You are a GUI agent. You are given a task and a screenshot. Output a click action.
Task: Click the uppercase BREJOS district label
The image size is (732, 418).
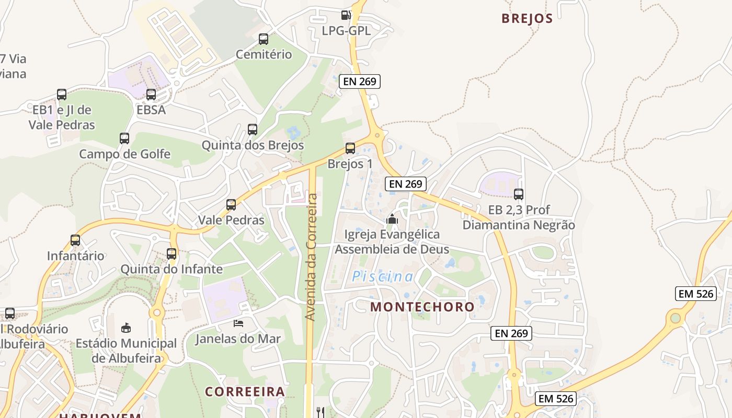(527, 18)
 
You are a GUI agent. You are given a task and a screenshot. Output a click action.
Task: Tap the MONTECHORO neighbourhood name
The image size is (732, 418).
(422, 307)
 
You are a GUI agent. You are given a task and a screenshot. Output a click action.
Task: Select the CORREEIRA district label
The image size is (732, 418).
(245, 391)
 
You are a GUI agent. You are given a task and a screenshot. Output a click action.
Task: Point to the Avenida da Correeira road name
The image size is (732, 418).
(311, 257)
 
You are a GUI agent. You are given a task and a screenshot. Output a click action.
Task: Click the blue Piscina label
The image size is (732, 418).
(382, 276)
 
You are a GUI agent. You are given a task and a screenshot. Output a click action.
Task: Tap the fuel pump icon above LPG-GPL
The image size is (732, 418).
(346, 15)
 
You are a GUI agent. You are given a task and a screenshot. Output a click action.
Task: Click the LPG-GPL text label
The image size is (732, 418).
(346, 31)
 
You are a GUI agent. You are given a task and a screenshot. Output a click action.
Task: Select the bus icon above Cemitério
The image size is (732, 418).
(264, 39)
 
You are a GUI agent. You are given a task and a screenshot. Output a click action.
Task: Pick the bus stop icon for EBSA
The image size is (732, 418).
(151, 95)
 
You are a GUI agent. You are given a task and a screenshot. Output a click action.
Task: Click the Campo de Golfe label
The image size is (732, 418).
(124, 154)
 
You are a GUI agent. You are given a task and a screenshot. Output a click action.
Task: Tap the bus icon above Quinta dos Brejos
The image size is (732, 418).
(253, 130)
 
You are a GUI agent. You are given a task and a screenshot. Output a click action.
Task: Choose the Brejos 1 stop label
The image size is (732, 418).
(350, 164)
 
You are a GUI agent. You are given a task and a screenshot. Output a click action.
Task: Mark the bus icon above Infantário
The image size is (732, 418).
(75, 240)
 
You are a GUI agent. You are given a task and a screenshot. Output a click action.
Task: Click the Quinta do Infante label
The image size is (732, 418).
(171, 269)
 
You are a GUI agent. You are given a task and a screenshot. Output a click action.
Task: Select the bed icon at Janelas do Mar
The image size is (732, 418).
(238, 323)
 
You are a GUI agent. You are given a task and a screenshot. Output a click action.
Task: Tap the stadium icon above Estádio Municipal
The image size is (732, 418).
(126, 328)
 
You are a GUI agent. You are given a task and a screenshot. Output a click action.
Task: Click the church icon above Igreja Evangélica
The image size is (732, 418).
(392, 219)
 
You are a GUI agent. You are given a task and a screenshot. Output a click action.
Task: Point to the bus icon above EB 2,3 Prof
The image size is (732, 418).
(518, 194)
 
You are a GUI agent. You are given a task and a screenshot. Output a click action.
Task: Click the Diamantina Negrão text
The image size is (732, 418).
(519, 225)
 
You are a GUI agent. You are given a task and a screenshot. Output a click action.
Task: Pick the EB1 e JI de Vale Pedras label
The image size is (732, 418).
(62, 118)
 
